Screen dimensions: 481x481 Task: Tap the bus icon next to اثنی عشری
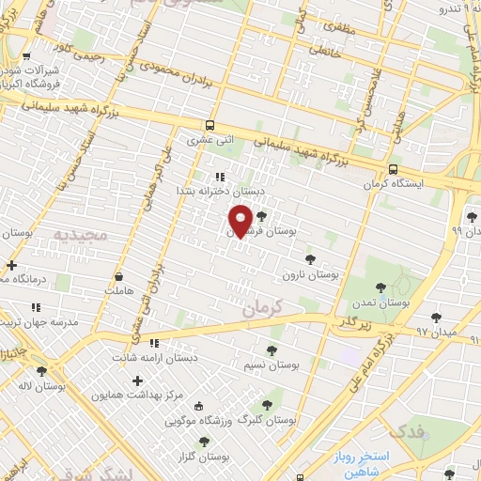209,125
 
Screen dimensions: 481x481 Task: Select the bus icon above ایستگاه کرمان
392,168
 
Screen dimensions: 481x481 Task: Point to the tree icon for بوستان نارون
310,259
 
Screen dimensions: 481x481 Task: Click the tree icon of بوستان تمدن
380,287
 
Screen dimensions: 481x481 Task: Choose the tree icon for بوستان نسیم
272,350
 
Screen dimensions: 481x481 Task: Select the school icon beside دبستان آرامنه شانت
154,343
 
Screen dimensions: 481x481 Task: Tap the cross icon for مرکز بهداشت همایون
138,380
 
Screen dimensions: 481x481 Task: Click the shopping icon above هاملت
119,276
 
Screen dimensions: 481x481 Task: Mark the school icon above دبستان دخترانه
220,176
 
